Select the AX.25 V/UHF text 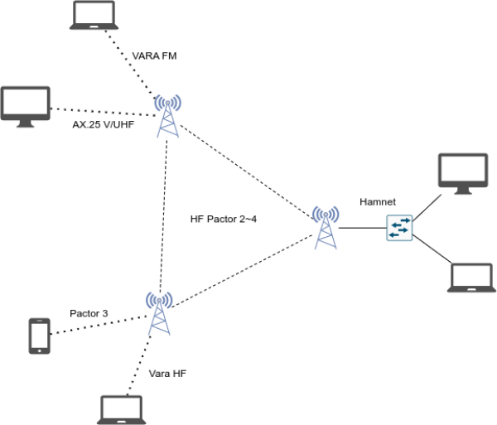pos(102,126)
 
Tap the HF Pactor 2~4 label pos(223,220)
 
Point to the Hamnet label pos(378,202)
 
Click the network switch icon pos(398,228)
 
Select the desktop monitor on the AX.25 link pos(26,106)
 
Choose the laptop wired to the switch pos(471,278)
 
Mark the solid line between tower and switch pos(361,228)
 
